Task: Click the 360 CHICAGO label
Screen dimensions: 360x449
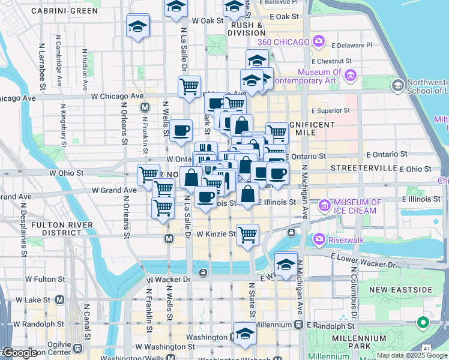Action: (283, 42)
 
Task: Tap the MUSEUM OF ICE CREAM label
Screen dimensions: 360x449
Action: (355, 206)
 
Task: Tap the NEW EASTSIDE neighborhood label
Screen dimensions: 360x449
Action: (400, 290)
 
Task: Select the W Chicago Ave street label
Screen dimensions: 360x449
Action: (117, 96)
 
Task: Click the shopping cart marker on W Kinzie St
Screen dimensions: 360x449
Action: (247, 233)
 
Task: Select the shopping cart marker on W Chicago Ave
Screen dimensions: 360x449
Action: (190, 85)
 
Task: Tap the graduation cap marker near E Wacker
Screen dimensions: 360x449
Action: (286, 263)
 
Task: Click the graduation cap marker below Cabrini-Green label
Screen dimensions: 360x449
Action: (137, 26)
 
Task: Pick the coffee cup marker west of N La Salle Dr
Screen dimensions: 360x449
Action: (181, 130)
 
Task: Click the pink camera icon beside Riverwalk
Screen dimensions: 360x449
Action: (318, 240)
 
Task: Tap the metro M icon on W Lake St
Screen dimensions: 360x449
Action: (60, 299)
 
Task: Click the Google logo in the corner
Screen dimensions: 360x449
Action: (19, 353)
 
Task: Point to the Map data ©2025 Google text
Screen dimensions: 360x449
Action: (411, 355)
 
